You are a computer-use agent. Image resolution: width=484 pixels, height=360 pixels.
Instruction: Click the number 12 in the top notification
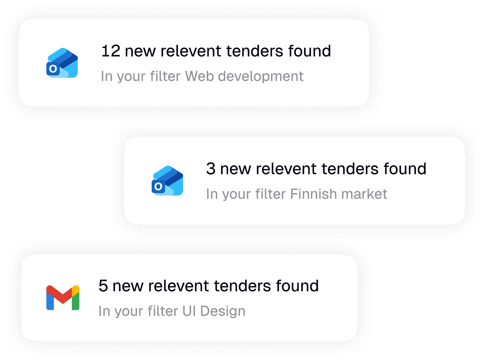coord(110,51)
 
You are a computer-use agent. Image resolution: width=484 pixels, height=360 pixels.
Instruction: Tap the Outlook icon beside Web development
coord(62,63)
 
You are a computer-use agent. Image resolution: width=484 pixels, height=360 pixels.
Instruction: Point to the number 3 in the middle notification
coord(211,169)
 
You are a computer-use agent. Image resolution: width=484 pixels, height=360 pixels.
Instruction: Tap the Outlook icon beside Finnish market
coord(167,181)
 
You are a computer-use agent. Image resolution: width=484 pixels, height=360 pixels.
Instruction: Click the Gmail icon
coord(63,298)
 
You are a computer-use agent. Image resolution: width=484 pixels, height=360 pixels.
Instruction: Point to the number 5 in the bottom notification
coord(103,286)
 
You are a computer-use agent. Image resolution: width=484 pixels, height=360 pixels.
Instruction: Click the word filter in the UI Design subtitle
coord(160,311)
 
